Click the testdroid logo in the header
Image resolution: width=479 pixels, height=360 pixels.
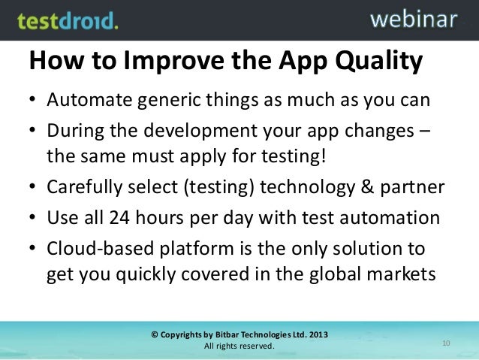[x=68, y=20]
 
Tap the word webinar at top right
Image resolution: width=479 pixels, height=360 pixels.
[x=413, y=19]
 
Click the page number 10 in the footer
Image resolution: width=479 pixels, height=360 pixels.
[x=447, y=343]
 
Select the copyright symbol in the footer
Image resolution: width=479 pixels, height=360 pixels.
[x=155, y=334]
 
